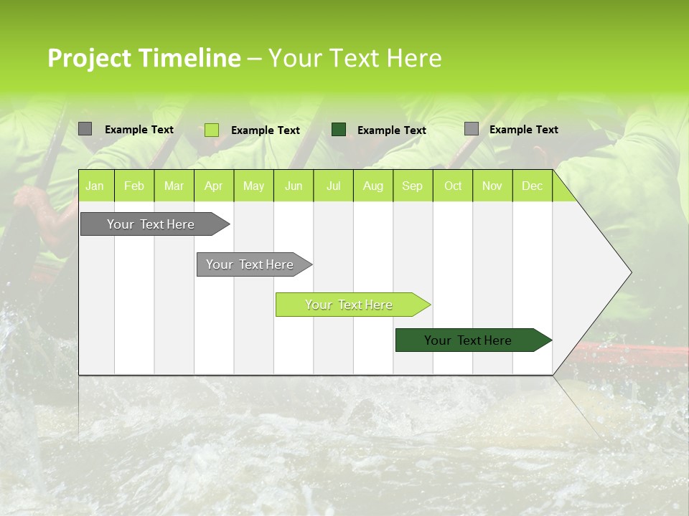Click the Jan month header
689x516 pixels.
(95, 186)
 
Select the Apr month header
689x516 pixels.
(213, 186)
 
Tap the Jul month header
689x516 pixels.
(333, 186)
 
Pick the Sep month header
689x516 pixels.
(412, 186)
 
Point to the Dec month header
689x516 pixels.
(532, 186)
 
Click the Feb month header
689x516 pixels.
(133, 186)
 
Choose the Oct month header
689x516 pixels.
(453, 186)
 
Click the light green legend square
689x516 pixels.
(211, 130)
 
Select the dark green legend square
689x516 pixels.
(339, 129)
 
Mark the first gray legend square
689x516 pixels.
(85, 129)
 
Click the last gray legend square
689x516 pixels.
(471, 129)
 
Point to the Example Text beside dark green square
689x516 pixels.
(391, 130)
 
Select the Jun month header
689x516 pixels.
(294, 186)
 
